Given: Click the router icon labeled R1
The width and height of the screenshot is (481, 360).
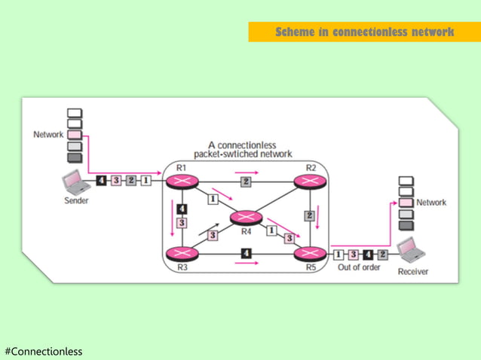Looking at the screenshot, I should tap(182, 181).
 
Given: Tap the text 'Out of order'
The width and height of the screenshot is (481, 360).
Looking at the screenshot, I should tap(358, 267).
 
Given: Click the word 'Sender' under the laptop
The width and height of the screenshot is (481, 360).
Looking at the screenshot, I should tap(75, 200).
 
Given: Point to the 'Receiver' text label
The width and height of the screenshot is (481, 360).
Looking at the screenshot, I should tap(413, 272).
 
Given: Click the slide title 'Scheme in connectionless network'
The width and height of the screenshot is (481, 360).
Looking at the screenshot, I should tap(364, 32).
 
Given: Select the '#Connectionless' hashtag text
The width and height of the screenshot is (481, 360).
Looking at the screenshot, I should tap(43, 351).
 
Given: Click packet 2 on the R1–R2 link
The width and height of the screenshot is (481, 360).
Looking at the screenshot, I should tap(246, 182).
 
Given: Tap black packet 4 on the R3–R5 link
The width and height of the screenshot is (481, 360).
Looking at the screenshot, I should tap(246, 252).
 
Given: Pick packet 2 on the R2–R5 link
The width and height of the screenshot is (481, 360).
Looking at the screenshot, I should tap(309, 215).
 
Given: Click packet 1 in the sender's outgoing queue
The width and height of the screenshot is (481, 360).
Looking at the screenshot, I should tap(146, 180).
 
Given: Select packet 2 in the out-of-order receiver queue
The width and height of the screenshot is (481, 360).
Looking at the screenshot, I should tap(382, 254).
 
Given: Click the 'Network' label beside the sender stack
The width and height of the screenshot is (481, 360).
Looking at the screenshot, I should tap(48, 135).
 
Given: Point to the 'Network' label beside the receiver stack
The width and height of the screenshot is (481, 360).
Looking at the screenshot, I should tap(431, 203).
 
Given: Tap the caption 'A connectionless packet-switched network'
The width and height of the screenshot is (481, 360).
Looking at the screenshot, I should tap(242, 149).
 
